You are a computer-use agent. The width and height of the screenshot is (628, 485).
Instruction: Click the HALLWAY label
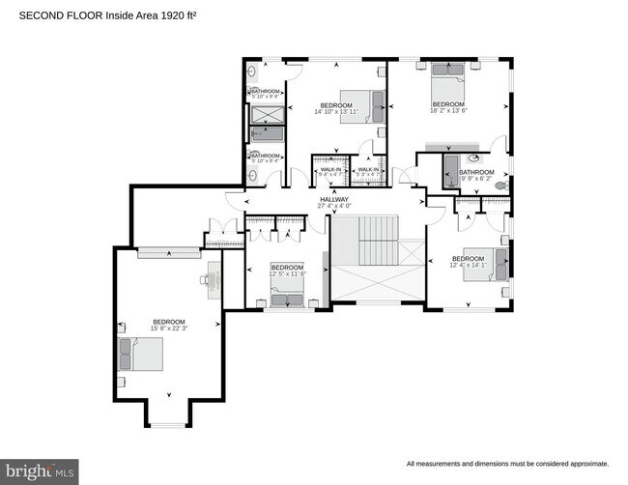click(334, 199)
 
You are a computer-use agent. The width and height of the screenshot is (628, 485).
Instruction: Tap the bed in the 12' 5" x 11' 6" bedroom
click(287, 300)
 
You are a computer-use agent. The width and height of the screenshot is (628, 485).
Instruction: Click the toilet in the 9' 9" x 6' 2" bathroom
click(500, 184)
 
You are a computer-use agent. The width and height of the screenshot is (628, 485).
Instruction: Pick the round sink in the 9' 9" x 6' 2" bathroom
click(474, 157)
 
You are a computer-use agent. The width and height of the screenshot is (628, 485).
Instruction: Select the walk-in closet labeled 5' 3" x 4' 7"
click(369, 168)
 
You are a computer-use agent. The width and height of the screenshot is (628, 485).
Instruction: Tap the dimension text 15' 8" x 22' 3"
click(167, 329)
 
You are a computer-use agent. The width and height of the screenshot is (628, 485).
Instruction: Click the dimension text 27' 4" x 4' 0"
click(334, 206)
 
